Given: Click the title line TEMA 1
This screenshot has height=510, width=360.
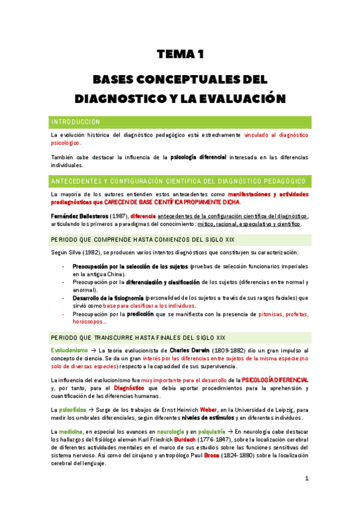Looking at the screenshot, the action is click(180, 55).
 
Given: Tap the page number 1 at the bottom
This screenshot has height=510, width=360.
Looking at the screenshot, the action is click(307, 478).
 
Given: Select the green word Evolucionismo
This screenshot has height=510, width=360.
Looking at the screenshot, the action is click(69, 350).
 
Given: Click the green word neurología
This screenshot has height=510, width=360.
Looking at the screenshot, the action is click(169, 432).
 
